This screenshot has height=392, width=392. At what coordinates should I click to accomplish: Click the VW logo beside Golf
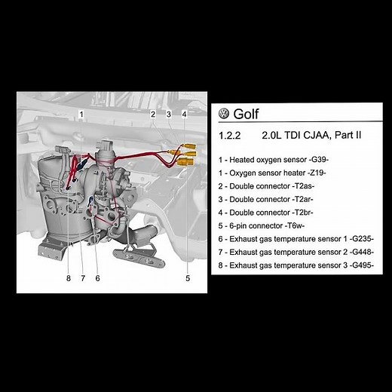tap(224, 115)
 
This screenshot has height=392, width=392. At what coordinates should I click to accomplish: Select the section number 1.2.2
tap(228, 139)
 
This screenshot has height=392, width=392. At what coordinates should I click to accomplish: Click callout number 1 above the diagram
tap(81, 115)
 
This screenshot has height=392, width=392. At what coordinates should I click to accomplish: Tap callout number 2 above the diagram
tap(153, 115)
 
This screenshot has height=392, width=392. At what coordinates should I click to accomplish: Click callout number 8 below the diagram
tap(68, 278)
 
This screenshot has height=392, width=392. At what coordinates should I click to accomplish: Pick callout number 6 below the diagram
tap(97, 278)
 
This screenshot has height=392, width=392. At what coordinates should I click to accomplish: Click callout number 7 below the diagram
tap(83, 278)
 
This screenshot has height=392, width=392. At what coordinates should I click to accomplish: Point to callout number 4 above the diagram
tap(184, 115)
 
